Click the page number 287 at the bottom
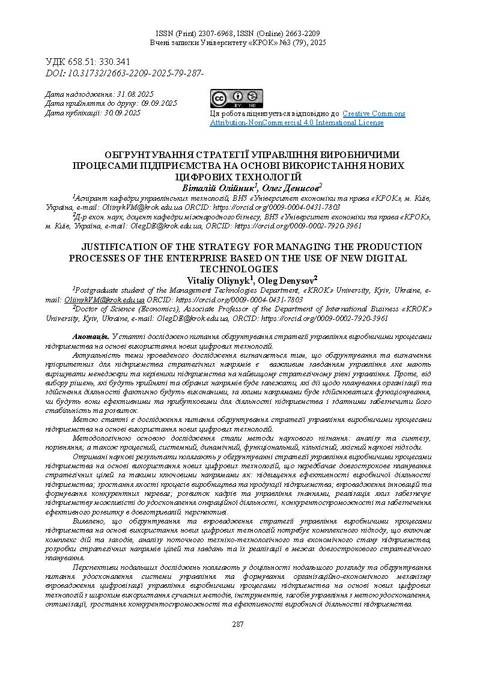tap(238, 625)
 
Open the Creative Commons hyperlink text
tap(374, 114)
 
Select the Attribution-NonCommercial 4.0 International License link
tap(296, 123)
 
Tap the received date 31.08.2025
tap(136, 94)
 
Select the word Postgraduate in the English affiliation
tap(99, 290)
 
